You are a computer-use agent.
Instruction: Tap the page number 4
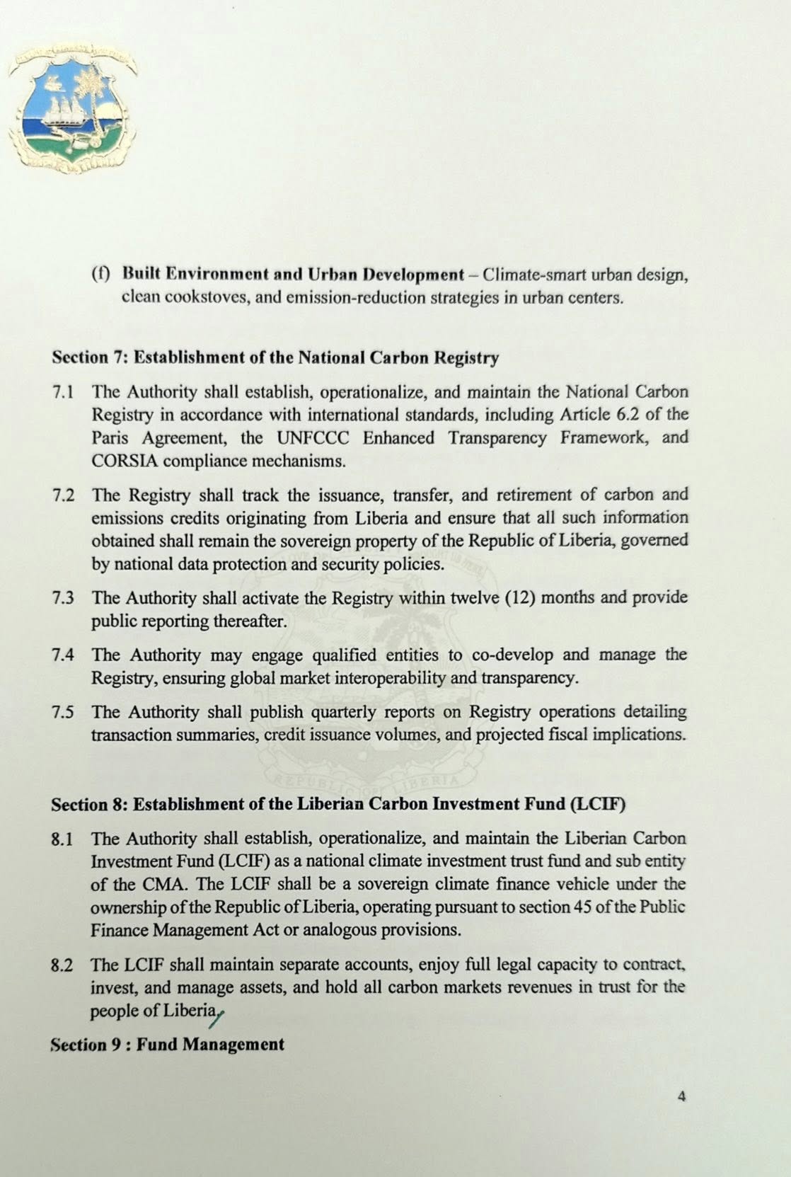(x=681, y=1096)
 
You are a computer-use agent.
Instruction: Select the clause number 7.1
(x=63, y=392)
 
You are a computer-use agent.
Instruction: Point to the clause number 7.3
(x=63, y=598)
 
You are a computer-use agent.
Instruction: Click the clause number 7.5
(x=63, y=712)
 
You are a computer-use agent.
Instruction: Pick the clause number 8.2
(x=62, y=965)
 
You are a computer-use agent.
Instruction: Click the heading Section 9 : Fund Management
(x=168, y=1045)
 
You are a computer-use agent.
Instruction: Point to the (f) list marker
(x=101, y=274)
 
